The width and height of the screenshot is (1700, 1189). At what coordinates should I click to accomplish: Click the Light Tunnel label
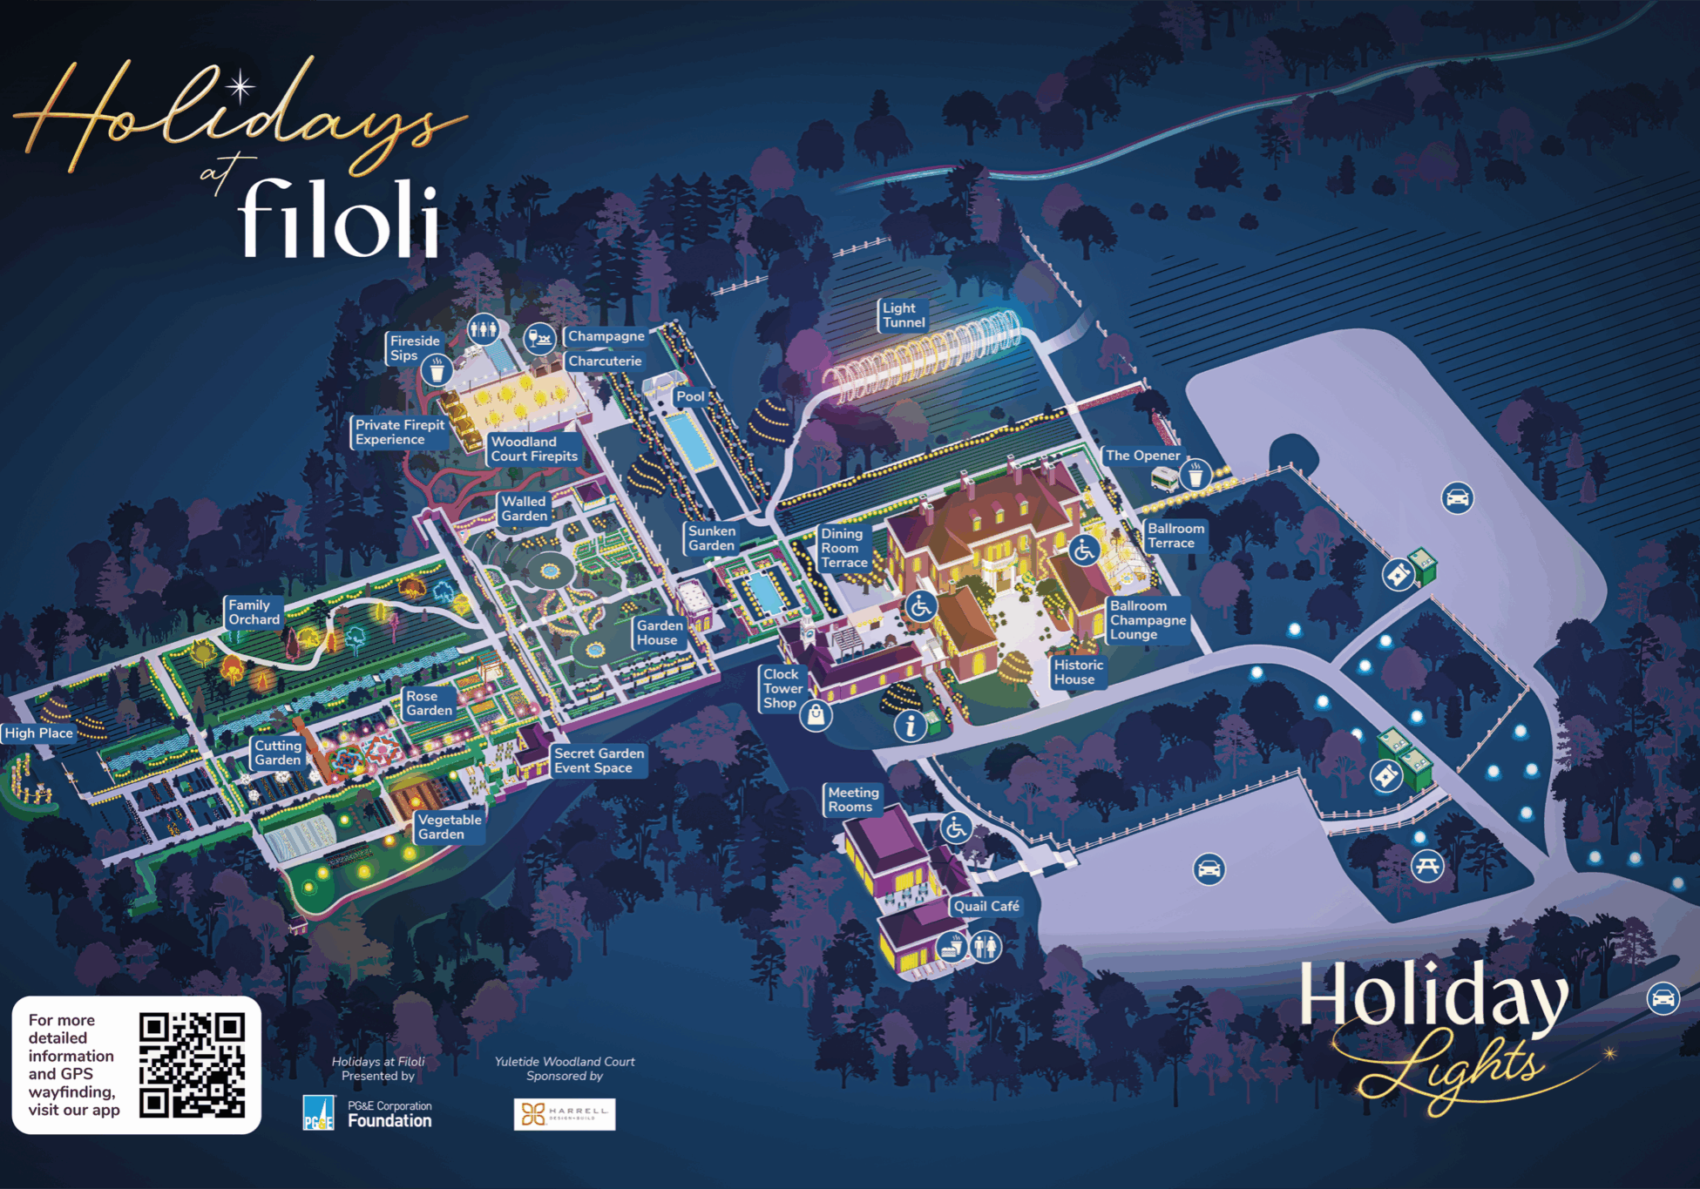pos(903,315)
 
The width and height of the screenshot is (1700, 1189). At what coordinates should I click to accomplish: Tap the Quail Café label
pos(985,906)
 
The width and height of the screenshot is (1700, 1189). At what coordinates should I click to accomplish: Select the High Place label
pos(39,733)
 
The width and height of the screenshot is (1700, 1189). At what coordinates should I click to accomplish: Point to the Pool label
pos(690,396)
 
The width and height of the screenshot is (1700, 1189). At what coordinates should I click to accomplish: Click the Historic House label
pos(1078,672)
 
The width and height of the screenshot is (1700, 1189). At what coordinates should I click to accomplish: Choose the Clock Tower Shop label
pos(782,688)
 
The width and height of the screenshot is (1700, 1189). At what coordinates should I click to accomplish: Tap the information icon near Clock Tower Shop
pos(911,725)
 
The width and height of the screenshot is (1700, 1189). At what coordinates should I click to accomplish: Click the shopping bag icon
pos(816,715)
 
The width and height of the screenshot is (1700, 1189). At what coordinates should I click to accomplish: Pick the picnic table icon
pos(1427,867)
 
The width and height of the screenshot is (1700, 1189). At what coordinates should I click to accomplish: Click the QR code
pos(192,1064)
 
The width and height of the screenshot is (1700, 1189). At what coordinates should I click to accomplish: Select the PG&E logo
pos(318,1113)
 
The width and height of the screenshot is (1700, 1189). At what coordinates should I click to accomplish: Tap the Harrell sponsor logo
pos(565,1114)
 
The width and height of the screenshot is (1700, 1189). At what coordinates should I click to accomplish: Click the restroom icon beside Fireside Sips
pos(483,329)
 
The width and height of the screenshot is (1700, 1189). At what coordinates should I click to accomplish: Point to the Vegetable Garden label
pos(449,827)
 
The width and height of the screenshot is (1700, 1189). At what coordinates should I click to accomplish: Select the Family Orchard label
pos(254,612)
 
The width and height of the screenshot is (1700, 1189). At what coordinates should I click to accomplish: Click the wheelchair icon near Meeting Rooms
pos(956,828)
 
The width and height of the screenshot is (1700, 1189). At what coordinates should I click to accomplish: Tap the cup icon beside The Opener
pos(1195,476)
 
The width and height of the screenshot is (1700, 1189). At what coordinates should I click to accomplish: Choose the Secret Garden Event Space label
pos(599,760)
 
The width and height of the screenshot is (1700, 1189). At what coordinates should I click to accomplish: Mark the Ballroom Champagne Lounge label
pos(1148,620)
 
